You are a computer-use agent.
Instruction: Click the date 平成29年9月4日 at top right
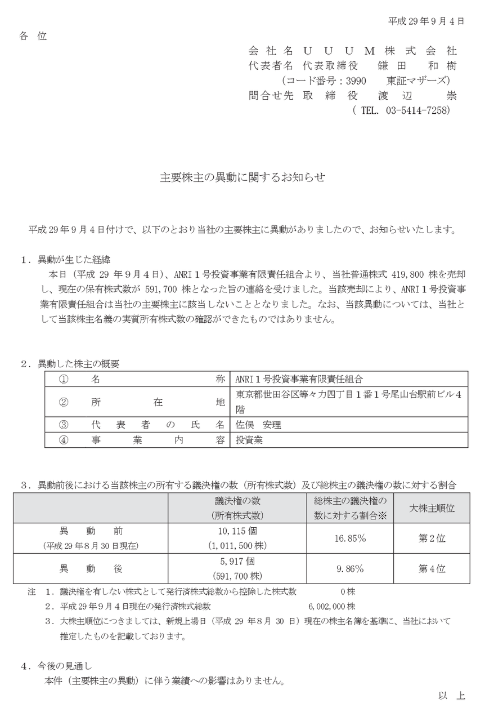tap(426, 21)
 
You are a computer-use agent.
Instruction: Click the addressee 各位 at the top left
tap(33, 37)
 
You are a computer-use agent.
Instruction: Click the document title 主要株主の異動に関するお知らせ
tap(242, 177)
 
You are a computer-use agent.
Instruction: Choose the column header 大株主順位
tap(432, 508)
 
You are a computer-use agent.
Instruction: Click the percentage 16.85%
tap(351, 538)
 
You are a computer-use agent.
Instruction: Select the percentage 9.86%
tap(351, 568)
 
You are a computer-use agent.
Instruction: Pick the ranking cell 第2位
tap(432, 538)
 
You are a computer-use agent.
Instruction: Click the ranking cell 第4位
tap(432, 568)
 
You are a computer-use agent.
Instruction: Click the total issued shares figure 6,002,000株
tap(332, 607)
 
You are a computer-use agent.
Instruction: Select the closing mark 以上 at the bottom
tap(452, 696)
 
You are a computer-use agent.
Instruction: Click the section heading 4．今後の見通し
tap(56, 666)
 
